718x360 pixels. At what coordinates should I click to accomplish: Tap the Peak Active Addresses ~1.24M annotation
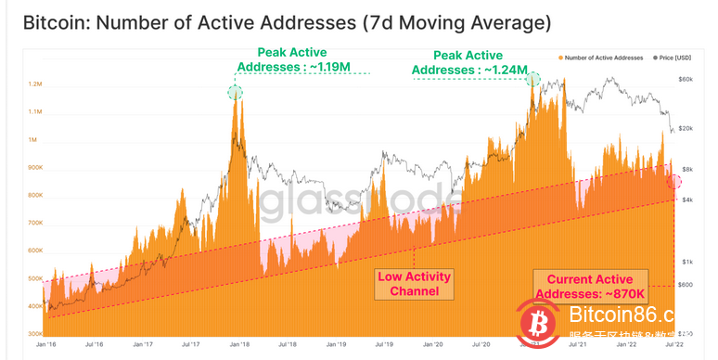[x=469, y=60]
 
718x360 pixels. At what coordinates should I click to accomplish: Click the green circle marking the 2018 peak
[x=236, y=91]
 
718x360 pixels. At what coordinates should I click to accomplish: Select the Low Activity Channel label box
[x=415, y=283]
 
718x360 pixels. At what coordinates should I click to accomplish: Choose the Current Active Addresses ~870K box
[x=589, y=286]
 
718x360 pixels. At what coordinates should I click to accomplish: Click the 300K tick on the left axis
[x=36, y=333]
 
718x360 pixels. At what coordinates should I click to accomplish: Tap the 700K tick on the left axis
[x=36, y=223]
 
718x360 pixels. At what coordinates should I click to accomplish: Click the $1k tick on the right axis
[x=686, y=263]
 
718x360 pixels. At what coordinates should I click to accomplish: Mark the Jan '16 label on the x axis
[x=47, y=344]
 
